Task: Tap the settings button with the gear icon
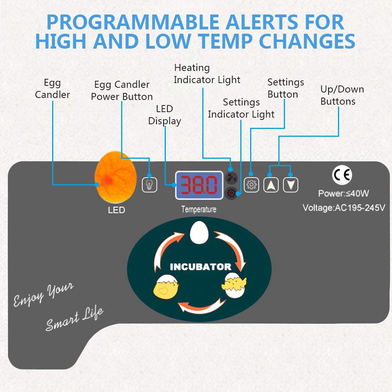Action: point(251,184)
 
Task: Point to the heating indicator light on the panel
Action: point(231,178)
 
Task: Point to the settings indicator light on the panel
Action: point(231,193)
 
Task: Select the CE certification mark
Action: point(342,175)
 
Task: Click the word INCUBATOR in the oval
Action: point(200,267)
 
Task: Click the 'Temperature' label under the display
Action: point(199,210)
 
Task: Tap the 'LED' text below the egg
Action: point(116,210)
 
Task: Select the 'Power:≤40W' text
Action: point(343,193)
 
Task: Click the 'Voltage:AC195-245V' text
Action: point(344,207)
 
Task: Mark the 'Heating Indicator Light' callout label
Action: point(207,74)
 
